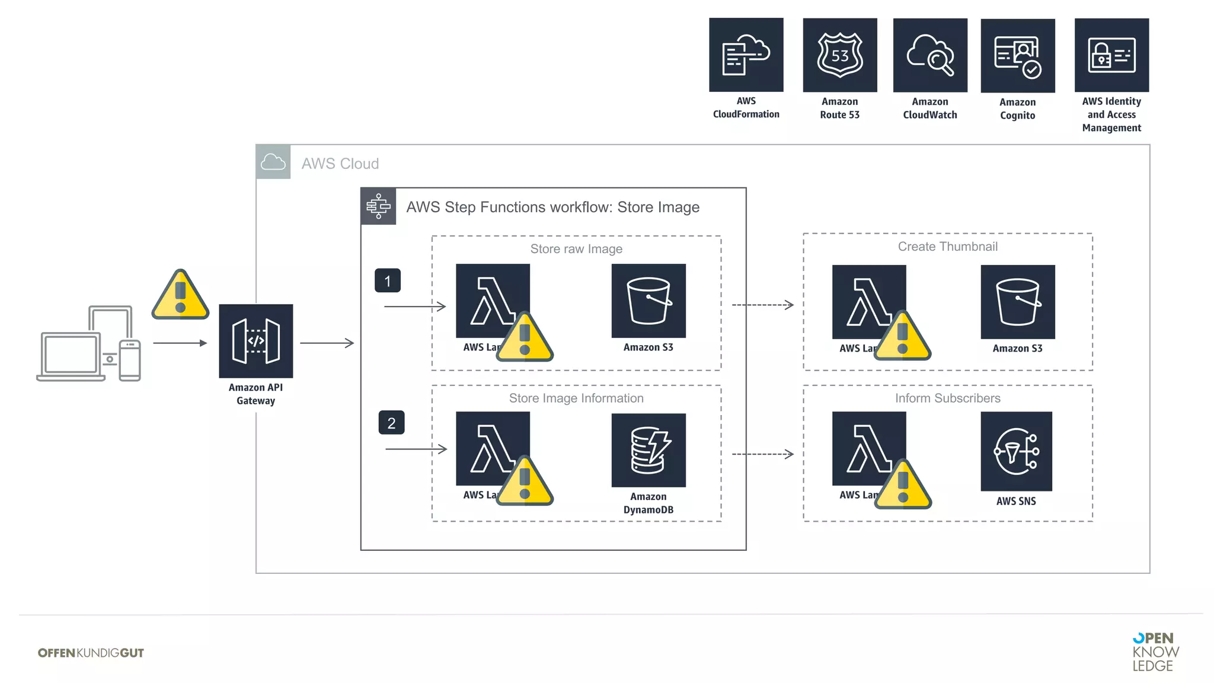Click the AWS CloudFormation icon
click(x=746, y=55)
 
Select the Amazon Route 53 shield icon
click(x=839, y=55)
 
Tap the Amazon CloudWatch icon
click(x=929, y=55)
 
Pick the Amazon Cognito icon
click(x=1017, y=56)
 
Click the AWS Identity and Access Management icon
click(x=1111, y=55)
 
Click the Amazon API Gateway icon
click(x=255, y=341)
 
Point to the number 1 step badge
click(x=387, y=280)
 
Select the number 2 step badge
click(x=391, y=423)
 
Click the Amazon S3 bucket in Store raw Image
click(x=648, y=301)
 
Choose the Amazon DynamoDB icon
click(x=648, y=450)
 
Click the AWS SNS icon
click(x=1016, y=451)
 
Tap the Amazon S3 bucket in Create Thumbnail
click(x=1017, y=302)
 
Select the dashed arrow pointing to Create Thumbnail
click(x=762, y=305)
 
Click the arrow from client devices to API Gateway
click(x=180, y=343)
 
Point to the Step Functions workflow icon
click(x=378, y=206)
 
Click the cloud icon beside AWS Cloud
click(x=273, y=162)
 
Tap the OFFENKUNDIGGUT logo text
click(x=91, y=653)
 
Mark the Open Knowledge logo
click(x=1155, y=652)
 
